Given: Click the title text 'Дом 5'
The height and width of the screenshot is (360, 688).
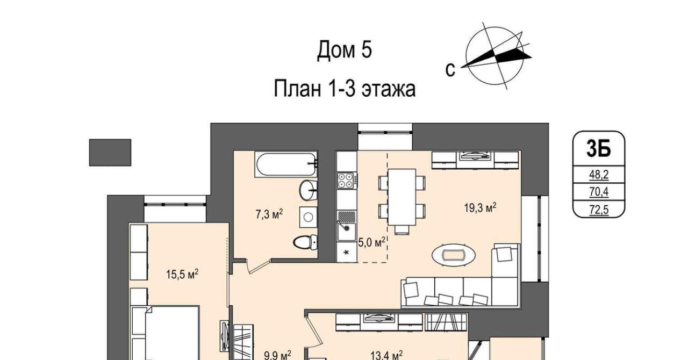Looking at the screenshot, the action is click(345, 50).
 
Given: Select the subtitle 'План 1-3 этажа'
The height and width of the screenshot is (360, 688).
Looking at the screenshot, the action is click(345, 89).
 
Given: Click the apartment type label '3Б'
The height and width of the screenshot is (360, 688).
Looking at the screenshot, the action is click(599, 148).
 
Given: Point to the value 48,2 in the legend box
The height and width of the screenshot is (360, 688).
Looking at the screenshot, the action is click(599, 175).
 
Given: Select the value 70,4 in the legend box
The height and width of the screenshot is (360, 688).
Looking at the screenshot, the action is click(599, 192).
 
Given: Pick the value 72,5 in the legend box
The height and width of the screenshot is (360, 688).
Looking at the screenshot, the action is click(599, 210).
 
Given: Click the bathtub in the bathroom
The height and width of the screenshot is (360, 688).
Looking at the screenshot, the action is click(285, 164).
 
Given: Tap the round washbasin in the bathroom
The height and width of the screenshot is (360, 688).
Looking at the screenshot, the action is click(308, 190).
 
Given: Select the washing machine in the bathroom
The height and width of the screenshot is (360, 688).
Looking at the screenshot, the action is click(308, 217).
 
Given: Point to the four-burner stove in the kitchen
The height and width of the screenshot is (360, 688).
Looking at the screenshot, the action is click(347, 181).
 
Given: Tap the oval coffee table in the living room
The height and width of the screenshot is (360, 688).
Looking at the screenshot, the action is click(454, 255).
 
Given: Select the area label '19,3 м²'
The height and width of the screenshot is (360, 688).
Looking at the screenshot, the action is click(480, 207).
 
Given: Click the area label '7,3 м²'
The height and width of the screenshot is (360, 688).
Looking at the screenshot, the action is click(269, 214).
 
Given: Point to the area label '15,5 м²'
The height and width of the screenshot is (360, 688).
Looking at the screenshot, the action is click(182, 274).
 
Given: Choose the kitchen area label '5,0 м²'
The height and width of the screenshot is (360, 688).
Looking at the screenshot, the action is click(371, 242).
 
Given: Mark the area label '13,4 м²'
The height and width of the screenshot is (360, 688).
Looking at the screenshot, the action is click(386, 356).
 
